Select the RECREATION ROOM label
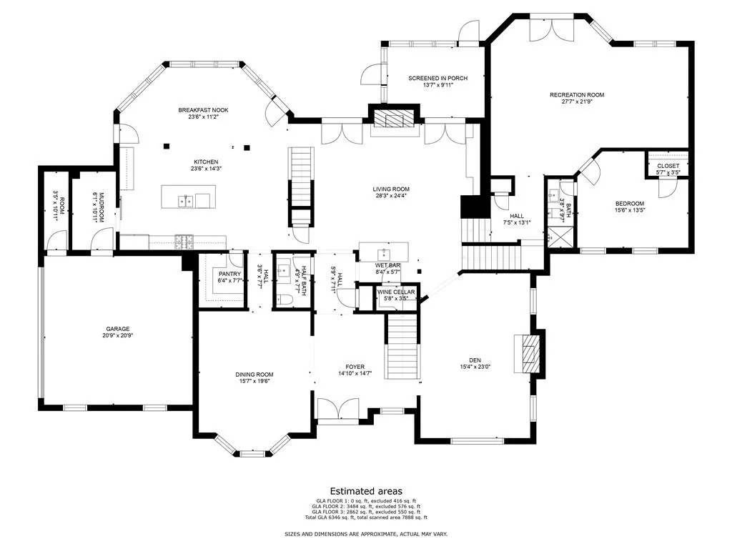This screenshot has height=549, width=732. pyautogui.click(x=577, y=94)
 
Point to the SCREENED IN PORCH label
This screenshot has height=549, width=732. pyautogui.click(x=437, y=78)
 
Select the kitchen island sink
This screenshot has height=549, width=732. pyautogui.click(x=186, y=201)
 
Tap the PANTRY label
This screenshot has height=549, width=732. pyautogui.click(x=229, y=274)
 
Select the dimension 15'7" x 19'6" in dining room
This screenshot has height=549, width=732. pyautogui.click(x=254, y=382)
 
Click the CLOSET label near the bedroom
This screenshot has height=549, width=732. pyautogui.click(x=668, y=166)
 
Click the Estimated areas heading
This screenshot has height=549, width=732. pyautogui.click(x=366, y=491)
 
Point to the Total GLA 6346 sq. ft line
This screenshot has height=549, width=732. pyautogui.click(x=366, y=517)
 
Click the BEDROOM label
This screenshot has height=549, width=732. pyautogui.click(x=630, y=203)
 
